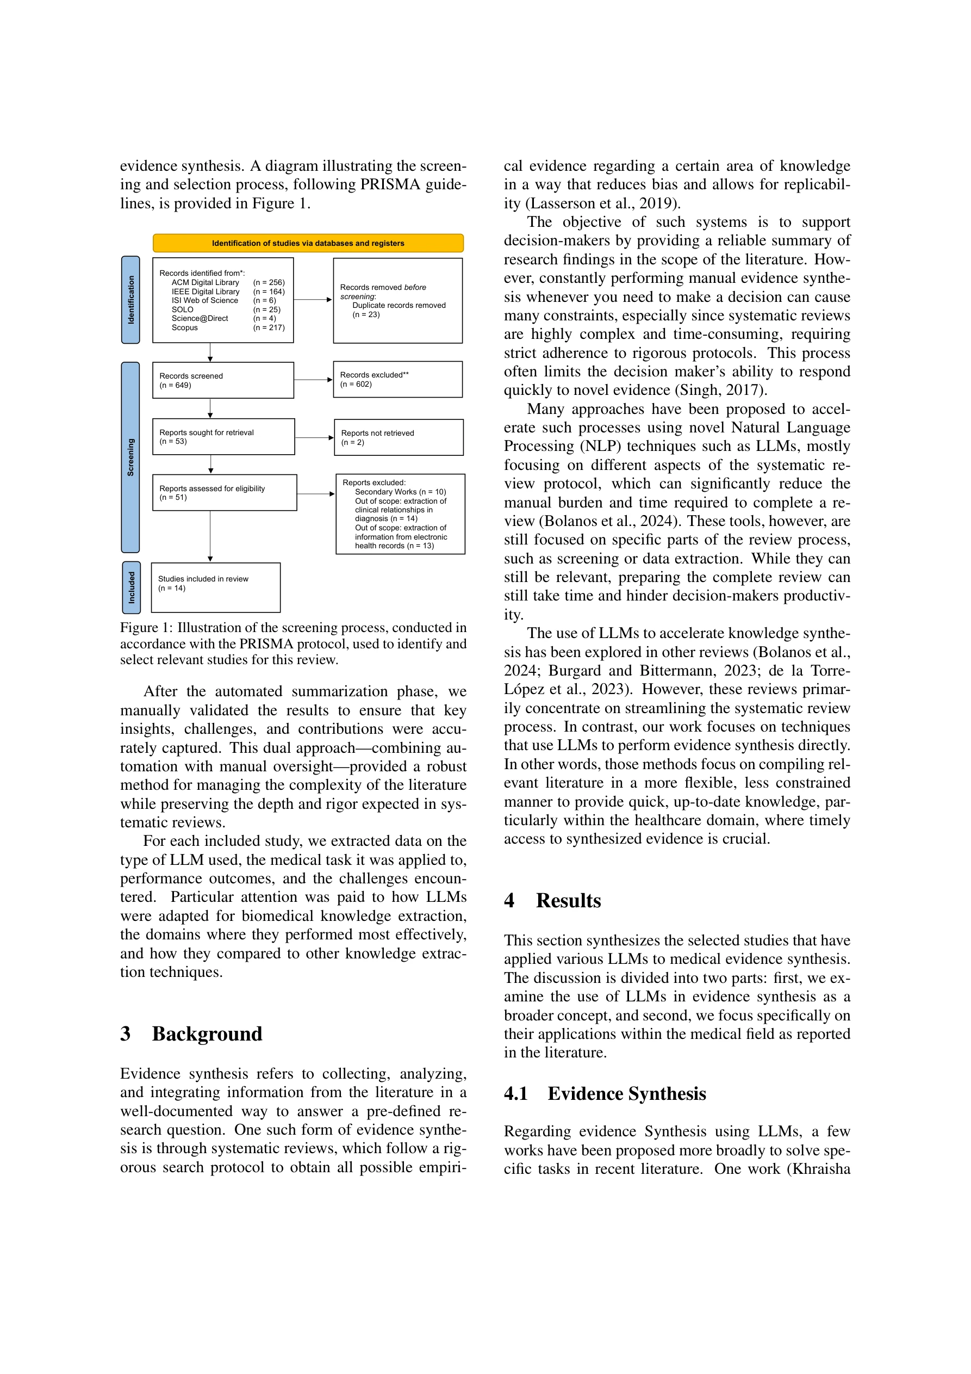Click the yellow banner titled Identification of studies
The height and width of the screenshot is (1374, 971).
pyautogui.click(x=308, y=243)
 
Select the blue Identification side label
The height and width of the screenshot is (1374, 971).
pyautogui.click(x=130, y=300)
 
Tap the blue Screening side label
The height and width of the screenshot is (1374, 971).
pyautogui.click(x=130, y=457)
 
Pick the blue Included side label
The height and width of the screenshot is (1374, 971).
pyautogui.click(x=131, y=587)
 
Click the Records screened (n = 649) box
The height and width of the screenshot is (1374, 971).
pyautogui.click(x=222, y=380)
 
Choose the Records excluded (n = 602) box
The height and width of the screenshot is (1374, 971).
pyautogui.click(x=397, y=380)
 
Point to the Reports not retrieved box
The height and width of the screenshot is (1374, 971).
pyautogui.click(x=399, y=437)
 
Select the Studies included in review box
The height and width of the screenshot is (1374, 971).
pyautogui.click(x=215, y=587)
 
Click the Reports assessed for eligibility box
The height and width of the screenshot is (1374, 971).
pyautogui.click(x=225, y=492)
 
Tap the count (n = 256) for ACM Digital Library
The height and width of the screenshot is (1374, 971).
pyautogui.click(x=269, y=282)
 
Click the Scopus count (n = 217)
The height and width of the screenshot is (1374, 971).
pyautogui.click(x=269, y=327)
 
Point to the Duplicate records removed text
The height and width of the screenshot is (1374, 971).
pyautogui.click(x=399, y=305)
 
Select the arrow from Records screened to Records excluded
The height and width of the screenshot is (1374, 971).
pyautogui.click(x=313, y=380)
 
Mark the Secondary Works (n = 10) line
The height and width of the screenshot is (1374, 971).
pyautogui.click(x=400, y=492)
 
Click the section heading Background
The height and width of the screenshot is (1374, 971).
pyautogui.click(x=207, y=1033)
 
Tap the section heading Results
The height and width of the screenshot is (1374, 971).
pyautogui.click(x=568, y=901)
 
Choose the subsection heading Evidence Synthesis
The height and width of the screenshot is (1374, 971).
pyautogui.click(x=626, y=1093)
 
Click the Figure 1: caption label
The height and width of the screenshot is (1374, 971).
pyautogui.click(x=146, y=627)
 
